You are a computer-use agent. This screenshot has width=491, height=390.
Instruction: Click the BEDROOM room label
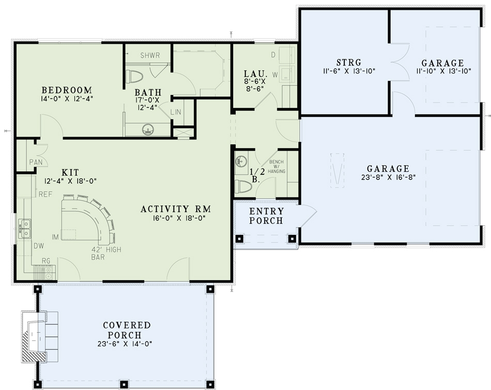[67, 89]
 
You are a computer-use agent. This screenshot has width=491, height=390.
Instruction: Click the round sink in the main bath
[148, 129]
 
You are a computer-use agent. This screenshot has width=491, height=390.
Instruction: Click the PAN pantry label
[36, 162]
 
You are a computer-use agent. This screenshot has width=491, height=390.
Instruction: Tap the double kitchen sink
[25, 225]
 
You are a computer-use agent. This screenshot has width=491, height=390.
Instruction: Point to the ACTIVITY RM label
[176, 209]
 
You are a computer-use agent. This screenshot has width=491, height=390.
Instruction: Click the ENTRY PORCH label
[266, 216]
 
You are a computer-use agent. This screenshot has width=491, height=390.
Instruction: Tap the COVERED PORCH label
[127, 330]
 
